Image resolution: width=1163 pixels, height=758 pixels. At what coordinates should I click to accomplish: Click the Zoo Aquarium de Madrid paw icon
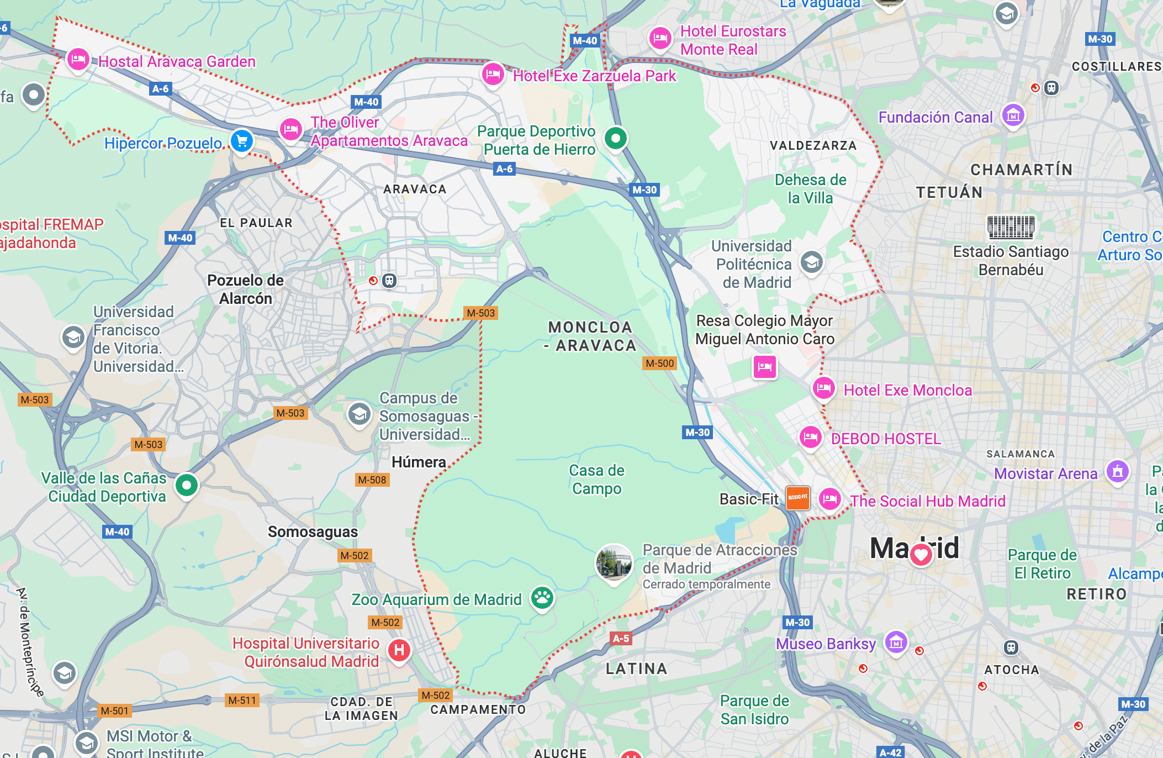click(542, 597)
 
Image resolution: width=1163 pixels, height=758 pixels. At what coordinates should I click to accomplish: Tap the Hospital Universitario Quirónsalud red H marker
click(399, 650)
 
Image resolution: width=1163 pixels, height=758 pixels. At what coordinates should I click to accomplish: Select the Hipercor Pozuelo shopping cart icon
click(242, 140)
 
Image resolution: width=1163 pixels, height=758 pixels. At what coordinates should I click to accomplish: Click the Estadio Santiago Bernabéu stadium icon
click(1011, 226)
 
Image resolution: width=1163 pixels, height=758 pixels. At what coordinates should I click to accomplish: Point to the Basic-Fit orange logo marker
click(797, 498)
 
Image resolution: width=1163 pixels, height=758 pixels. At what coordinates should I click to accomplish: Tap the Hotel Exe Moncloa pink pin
click(823, 388)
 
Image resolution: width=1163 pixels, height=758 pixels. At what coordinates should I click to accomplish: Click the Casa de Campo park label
click(596, 479)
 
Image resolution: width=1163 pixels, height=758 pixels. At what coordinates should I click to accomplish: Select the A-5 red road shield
click(621, 638)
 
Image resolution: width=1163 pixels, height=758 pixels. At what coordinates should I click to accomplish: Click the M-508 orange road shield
click(372, 480)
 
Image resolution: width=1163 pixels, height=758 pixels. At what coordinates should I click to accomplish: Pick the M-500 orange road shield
click(660, 363)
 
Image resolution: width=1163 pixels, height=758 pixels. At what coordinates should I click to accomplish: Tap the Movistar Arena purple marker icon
click(1117, 471)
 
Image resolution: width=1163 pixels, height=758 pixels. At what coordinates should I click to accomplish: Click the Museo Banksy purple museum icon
click(896, 641)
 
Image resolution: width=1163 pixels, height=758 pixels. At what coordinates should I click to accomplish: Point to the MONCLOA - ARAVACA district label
click(590, 336)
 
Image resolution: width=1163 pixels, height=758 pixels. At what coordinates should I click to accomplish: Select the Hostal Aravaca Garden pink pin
click(78, 59)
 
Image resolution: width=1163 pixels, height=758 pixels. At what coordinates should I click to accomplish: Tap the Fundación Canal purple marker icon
click(1013, 115)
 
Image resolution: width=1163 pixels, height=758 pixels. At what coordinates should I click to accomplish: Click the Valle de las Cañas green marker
click(187, 486)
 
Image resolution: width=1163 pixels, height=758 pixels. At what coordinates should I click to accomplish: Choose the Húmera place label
click(419, 462)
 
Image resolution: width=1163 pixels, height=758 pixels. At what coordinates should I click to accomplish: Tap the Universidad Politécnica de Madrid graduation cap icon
click(812, 262)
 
